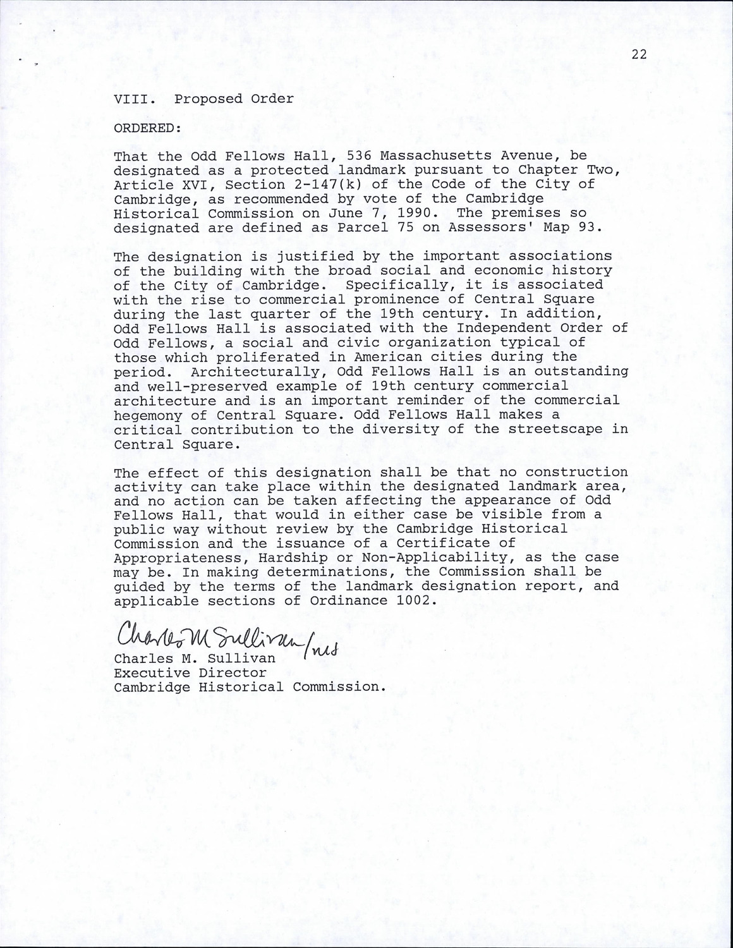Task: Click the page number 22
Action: click(x=639, y=55)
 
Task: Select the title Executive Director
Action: click(x=190, y=674)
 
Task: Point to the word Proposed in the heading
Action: click(x=208, y=99)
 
